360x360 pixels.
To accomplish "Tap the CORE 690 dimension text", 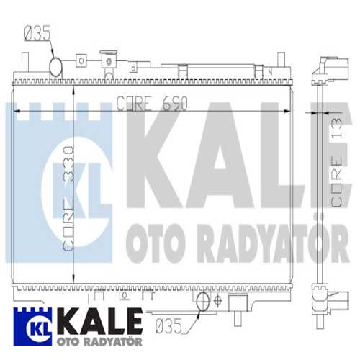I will [x=152, y=104].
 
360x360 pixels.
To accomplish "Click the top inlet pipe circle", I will [x=57, y=68].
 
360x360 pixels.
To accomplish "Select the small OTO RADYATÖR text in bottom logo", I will [x=94, y=341].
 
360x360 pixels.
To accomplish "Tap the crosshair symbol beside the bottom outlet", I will [x=219, y=300].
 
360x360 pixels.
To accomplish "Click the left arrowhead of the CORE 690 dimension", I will [x=19, y=110].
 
